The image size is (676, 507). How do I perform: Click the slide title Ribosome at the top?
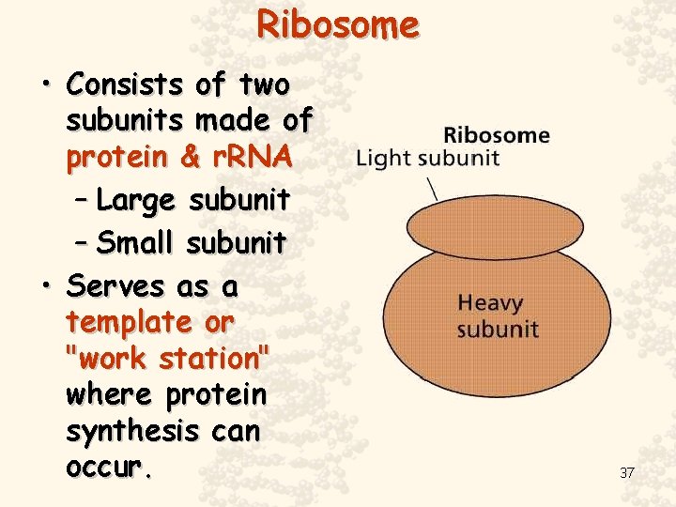(338, 24)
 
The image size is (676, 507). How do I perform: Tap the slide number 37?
(626, 472)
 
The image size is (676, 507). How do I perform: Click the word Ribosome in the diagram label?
(496, 134)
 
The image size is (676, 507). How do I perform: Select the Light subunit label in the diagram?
(427, 158)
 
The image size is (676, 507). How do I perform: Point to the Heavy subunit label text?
(498, 316)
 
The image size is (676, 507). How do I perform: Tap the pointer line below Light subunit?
(432, 187)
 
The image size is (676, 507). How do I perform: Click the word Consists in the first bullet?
(125, 84)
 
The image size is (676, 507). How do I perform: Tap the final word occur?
(108, 467)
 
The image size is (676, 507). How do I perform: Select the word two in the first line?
(265, 84)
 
